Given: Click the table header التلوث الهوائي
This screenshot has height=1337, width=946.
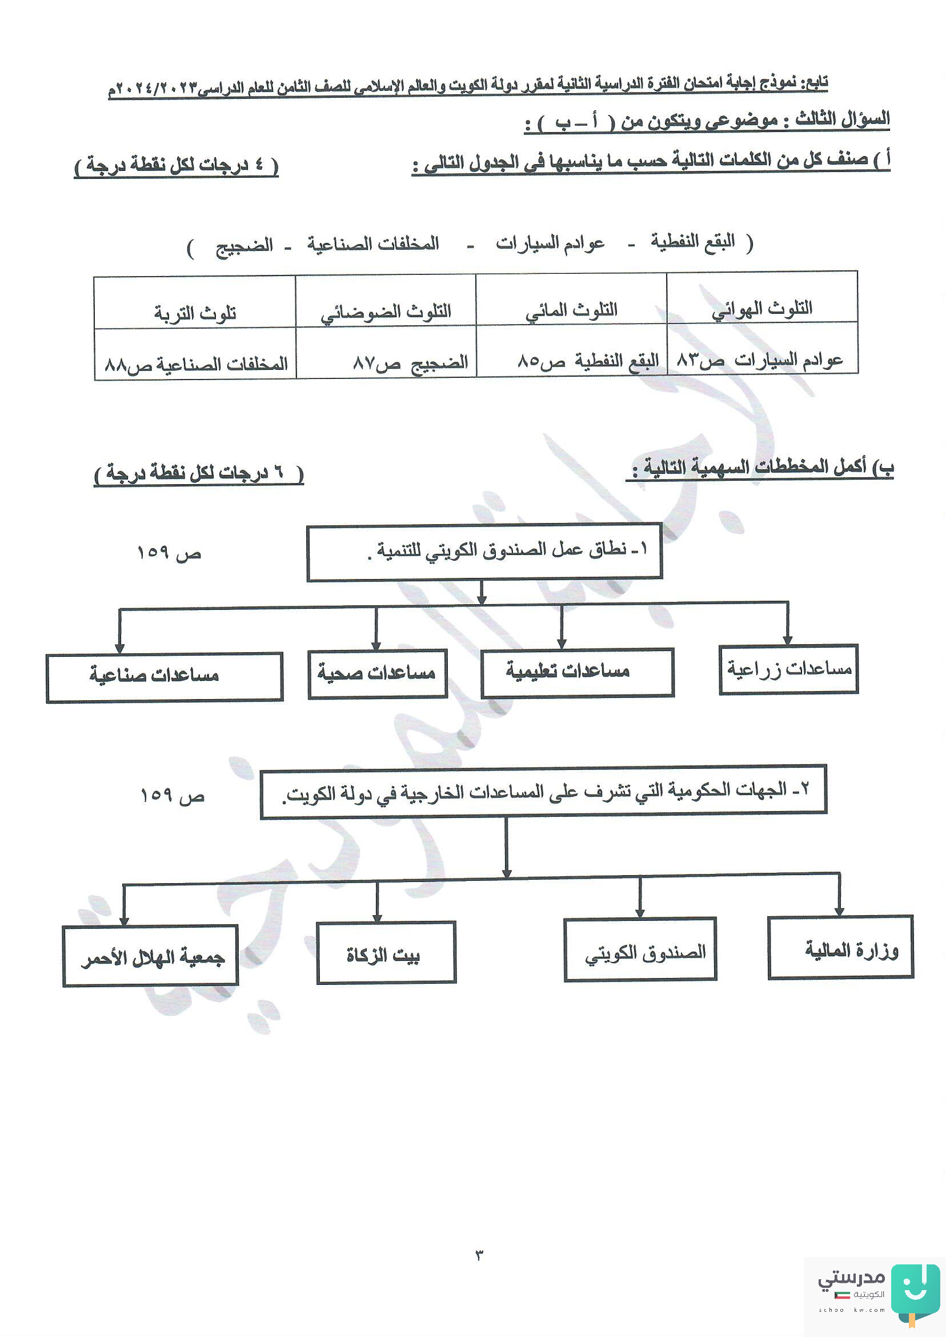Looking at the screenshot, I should (x=762, y=309).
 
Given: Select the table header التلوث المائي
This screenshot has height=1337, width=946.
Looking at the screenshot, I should (x=571, y=310).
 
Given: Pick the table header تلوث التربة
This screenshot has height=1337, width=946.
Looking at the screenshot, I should (x=195, y=314).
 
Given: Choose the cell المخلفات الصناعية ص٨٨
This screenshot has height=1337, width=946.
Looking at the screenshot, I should (x=197, y=365).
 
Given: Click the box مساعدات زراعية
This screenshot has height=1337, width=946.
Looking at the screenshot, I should (x=789, y=669).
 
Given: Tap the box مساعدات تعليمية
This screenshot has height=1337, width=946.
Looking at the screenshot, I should (x=578, y=672).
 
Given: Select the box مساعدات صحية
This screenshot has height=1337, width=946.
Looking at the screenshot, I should (x=378, y=674).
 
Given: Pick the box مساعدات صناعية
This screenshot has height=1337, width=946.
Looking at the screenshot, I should (x=165, y=677).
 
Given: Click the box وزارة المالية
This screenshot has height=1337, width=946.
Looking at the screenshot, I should (x=840, y=947).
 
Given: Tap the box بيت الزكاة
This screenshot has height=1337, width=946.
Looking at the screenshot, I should (x=386, y=953).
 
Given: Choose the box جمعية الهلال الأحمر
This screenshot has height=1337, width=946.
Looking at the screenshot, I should (x=150, y=956).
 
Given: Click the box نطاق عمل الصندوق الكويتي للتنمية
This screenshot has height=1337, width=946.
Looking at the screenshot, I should (x=484, y=552).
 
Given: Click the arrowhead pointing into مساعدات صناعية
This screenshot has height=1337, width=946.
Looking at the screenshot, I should (x=119, y=648).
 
